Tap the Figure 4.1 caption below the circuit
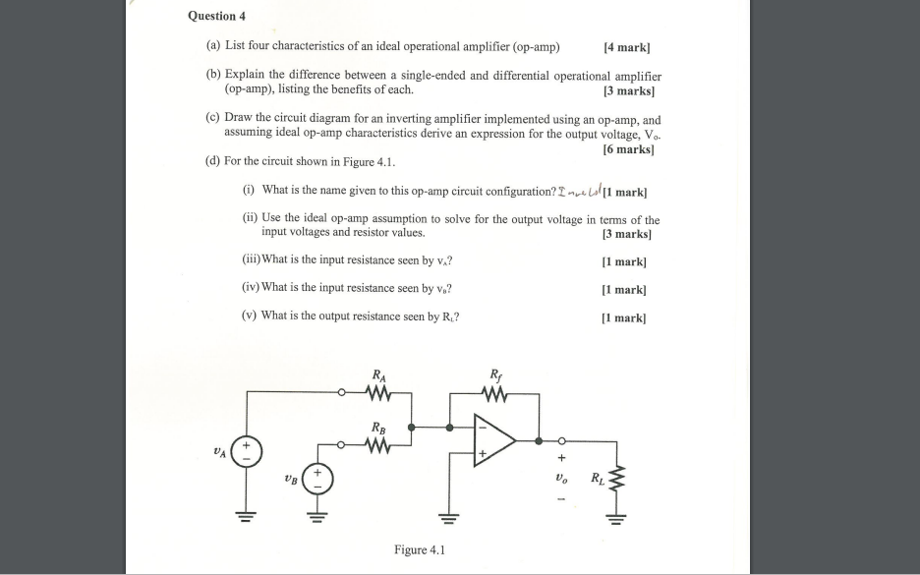click(419, 549)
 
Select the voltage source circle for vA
click(247, 451)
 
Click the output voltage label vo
click(562, 480)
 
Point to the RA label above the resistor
click(379, 374)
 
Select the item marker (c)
click(213, 116)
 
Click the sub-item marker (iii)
click(251, 260)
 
